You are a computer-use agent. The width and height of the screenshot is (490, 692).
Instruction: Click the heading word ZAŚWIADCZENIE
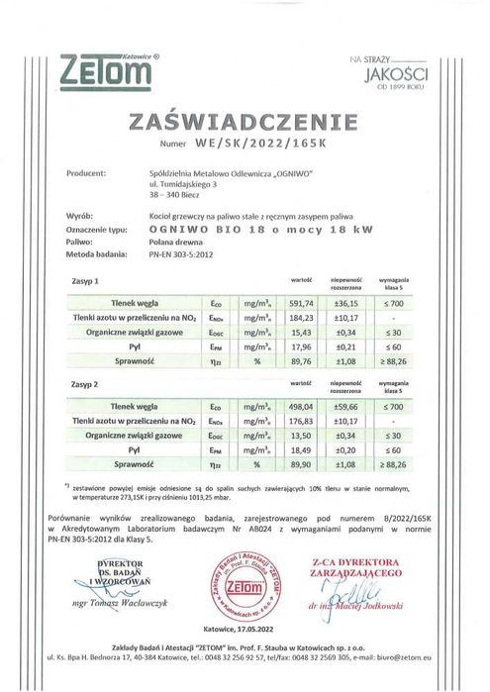pyautogui.click(x=244, y=122)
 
